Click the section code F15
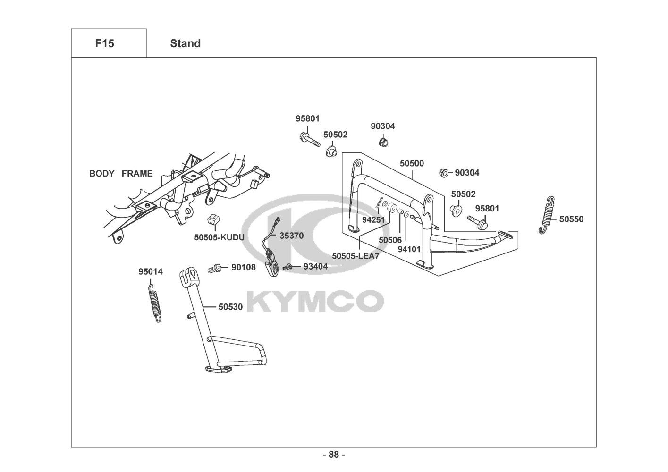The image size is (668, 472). click(104, 43)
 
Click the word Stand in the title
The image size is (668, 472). click(185, 43)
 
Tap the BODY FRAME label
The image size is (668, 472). click(121, 173)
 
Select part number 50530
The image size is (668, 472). click(230, 307)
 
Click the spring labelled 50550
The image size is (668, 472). click(546, 215)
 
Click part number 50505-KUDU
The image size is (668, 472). click(219, 237)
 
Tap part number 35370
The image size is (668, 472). click(291, 236)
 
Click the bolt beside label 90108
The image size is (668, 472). click(215, 269)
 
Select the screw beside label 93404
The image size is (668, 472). click(287, 267)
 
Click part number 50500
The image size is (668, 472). click(412, 163)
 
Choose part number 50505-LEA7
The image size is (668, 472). click(355, 256)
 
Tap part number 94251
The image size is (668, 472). click(373, 220)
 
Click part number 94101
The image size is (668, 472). click(409, 249)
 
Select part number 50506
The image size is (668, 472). click(390, 240)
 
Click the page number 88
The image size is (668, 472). click(334, 455)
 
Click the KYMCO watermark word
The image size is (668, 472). click(315, 301)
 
